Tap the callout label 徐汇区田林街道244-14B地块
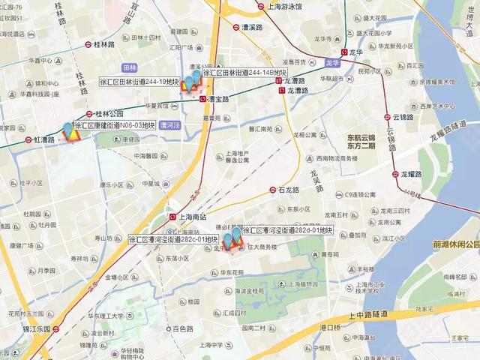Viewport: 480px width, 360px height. coord(244,73)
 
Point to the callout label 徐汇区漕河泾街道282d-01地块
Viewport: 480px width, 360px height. coord(286,231)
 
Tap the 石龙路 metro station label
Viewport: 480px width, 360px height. coord(289,190)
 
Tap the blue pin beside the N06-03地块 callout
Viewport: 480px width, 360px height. coord(69,130)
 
